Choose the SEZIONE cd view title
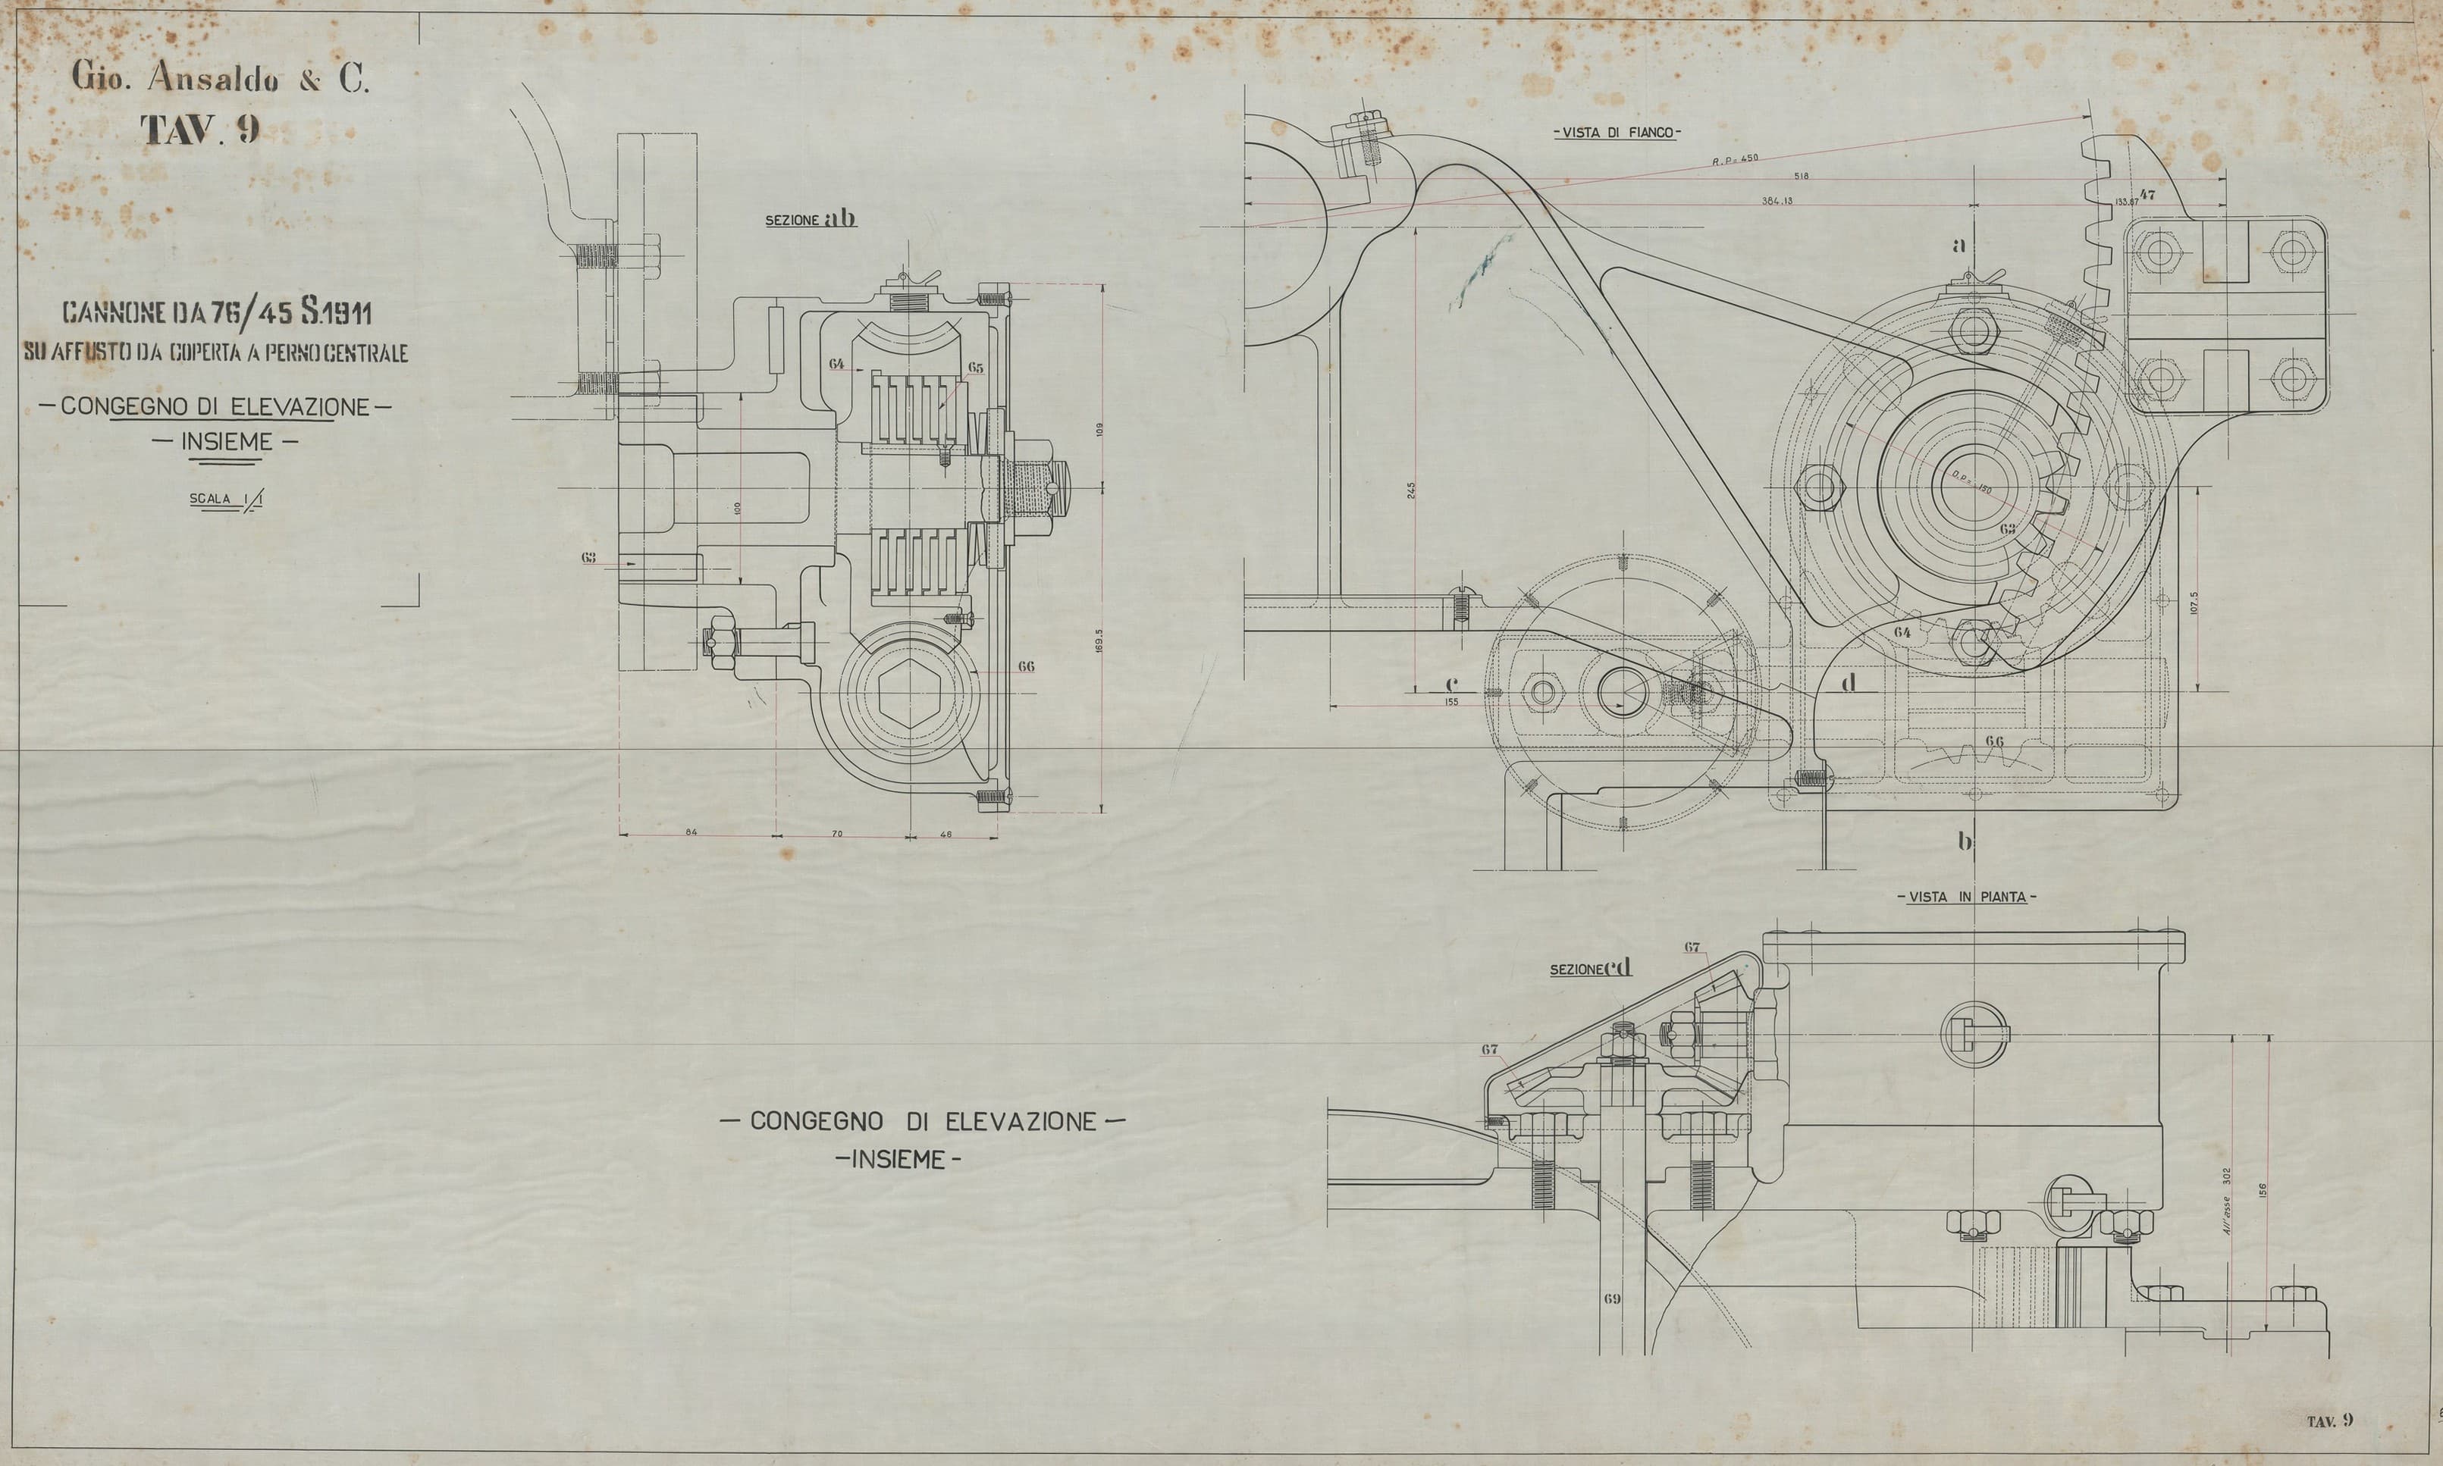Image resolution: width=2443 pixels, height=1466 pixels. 1591,969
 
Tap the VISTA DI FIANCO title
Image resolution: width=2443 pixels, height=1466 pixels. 1616,133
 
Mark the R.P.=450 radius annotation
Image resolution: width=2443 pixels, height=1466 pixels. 1735,160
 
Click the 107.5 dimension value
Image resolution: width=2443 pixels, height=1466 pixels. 2186,603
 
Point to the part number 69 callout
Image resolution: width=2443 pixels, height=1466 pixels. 1611,1300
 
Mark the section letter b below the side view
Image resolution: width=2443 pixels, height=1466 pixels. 1965,841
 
